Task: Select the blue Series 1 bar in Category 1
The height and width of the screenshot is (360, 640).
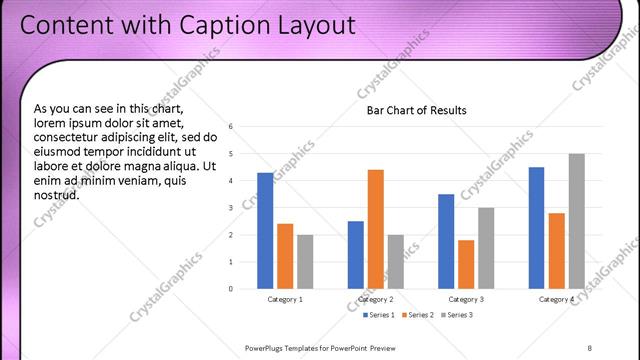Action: [265, 230]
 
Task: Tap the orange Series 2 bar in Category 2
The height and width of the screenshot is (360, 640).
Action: [376, 229]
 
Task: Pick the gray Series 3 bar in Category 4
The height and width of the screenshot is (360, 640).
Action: [577, 221]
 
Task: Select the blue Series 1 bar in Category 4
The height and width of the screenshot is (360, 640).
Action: [537, 228]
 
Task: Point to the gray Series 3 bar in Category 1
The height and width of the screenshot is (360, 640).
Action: [305, 261]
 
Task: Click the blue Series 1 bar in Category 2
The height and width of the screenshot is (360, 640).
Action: [356, 254]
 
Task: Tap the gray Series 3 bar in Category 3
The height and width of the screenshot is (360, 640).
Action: [486, 248]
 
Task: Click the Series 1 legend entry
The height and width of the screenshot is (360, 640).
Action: [376, 316]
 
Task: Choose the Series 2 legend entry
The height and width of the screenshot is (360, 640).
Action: [416, 316]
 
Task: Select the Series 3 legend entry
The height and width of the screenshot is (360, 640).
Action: [456, 316]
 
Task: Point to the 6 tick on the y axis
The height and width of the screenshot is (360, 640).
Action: [231, 127]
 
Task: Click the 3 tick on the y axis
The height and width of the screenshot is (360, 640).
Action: [231, 208]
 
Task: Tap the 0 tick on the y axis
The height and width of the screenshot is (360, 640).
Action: [231, 289]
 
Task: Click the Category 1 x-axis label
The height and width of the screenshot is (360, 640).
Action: [285, 300]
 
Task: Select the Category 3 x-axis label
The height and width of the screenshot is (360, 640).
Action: [466, 300]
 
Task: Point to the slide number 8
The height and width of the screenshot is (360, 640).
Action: [590, 347]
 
